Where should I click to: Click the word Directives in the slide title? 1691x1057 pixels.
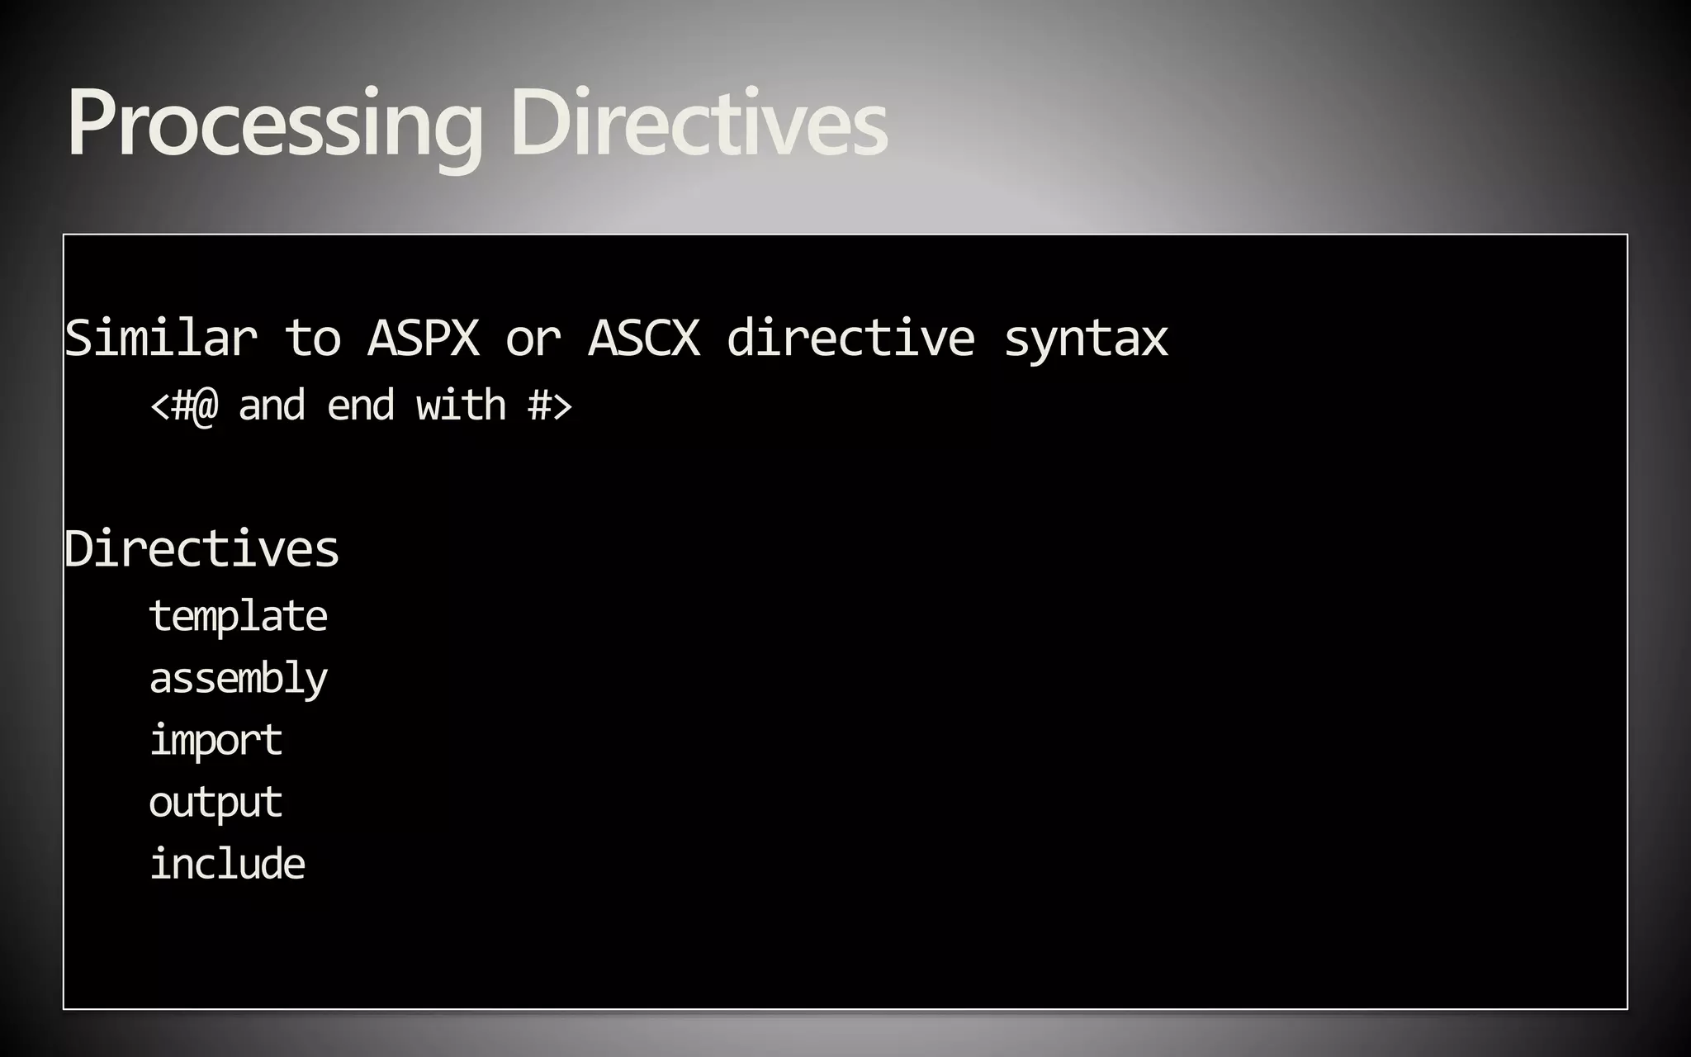tap(699, 124)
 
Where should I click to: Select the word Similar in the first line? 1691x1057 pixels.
tap(161, 338)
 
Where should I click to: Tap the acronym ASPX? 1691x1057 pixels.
tap(423, 338)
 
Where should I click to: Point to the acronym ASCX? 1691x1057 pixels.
tap(644, 338)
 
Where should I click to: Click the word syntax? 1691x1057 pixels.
tap(1086, 339)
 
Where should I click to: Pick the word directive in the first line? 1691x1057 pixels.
tap(850, 338)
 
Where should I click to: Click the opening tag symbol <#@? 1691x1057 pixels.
tap(184, 405)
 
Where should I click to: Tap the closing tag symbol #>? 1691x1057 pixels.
tap(550, 405)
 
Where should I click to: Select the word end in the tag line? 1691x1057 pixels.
tap(361, 405)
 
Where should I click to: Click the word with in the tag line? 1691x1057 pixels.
tap(461, 405)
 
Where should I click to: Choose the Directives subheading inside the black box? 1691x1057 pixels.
tap(202, 548)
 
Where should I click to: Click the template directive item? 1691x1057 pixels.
tap(238, 616)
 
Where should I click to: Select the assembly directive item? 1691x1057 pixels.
tap(238, 679)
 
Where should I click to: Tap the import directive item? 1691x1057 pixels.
tap(216, 740)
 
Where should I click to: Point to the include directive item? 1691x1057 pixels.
tap(227, 864)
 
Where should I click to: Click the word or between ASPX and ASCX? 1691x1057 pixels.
tap(533, 338)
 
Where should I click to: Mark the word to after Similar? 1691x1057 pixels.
tap(313, 338)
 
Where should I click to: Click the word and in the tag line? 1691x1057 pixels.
tap(272, 405)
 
